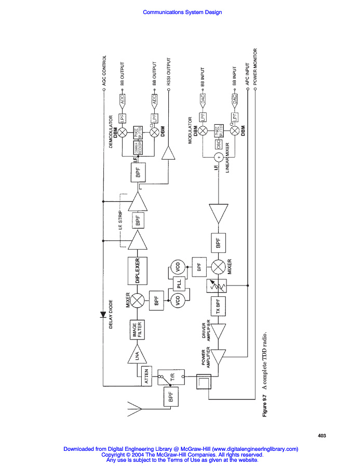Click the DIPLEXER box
point(138,270)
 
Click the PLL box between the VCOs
point(178,284)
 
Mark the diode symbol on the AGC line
point(103,315)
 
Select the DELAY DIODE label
point(111,315)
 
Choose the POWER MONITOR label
point(255,68)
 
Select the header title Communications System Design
point(182,12)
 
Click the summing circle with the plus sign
point(219,157)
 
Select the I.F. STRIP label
point(120,221)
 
